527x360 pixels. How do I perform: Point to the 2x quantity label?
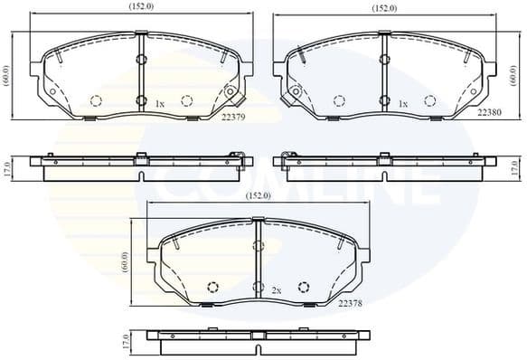[277, 290]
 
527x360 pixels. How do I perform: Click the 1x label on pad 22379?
[159, 105]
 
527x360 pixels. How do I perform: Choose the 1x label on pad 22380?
[403, 105]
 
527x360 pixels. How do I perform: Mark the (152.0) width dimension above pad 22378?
[258, 194]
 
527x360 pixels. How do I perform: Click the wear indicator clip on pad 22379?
[231, 92]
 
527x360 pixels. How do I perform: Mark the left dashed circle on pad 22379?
[96, 101]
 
